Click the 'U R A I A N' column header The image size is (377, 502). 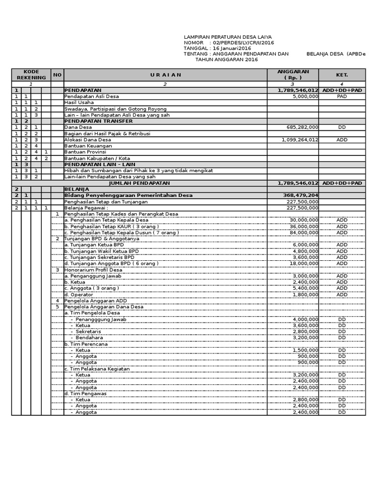pos(166,75)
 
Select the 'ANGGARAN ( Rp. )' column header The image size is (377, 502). pos(293,75)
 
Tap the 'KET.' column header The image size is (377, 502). pos(342,75)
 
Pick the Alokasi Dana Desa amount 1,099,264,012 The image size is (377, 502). pos(300,140)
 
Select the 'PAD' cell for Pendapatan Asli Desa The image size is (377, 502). pos(342,97)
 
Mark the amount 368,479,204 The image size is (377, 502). pos(298,195)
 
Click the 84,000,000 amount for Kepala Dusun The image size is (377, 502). pos(304,232)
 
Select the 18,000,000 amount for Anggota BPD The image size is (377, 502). pos(304,263)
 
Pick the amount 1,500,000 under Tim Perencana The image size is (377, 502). pos(305,350)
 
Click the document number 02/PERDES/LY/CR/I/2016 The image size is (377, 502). pos(243,43)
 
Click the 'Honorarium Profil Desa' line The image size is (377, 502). pos(93,270)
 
